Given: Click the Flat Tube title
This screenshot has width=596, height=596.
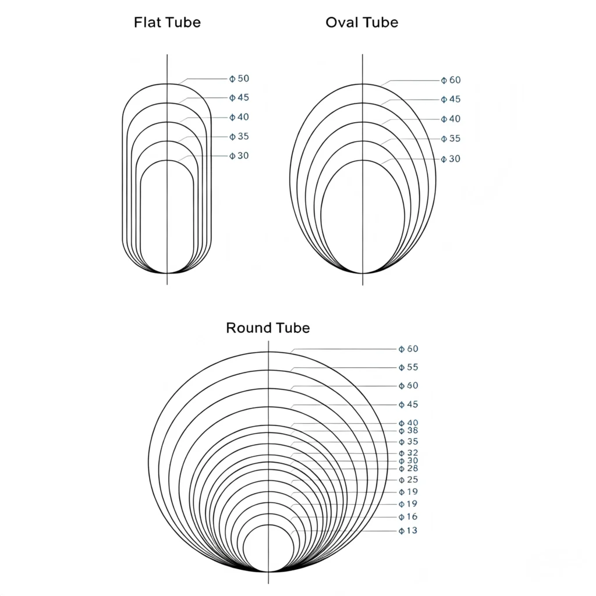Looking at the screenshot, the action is coord(167,23).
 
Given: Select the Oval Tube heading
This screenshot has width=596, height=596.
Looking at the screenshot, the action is coord(362,23).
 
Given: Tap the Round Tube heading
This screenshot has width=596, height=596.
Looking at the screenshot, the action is coord(268,328).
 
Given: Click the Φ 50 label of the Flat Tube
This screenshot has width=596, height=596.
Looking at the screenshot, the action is coord(239,79).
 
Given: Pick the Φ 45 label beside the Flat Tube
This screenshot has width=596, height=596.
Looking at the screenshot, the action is coord(239,98).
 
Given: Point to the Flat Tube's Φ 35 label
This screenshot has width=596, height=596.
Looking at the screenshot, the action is coord(239,136).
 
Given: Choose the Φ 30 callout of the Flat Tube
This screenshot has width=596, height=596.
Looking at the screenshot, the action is coord(239,156).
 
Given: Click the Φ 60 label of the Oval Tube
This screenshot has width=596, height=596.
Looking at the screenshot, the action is coord(451,80).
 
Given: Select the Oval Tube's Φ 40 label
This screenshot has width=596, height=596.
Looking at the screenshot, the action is coord(451,119).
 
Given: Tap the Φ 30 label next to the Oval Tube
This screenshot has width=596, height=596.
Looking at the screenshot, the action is coord(451,159).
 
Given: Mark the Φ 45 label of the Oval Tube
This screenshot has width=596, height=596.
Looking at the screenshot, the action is coord(451,99).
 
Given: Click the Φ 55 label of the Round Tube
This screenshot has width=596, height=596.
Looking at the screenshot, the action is coord(408,367).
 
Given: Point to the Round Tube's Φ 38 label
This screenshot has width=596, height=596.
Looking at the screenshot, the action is coord(408,431).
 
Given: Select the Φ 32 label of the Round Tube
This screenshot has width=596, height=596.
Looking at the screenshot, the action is coord(408,453).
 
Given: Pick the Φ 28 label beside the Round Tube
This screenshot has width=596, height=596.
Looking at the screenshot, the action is coord(408,469).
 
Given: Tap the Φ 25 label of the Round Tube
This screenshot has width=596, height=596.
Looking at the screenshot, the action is coord(408,480).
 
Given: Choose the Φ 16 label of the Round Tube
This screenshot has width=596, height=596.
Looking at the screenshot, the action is coord(408,517).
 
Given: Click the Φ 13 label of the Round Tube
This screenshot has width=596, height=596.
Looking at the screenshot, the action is coord(408,531).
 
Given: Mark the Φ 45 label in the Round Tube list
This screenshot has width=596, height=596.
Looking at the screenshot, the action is coord(408,405).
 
